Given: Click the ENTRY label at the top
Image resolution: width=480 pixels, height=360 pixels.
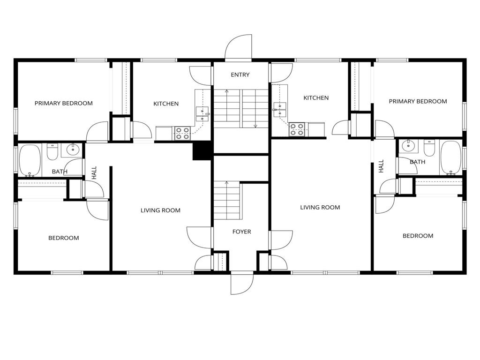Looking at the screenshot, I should (x=240, y=75).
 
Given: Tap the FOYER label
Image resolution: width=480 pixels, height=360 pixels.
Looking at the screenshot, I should (x=241, y=232).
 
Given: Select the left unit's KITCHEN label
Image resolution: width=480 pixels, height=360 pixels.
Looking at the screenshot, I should (x=166, y=104).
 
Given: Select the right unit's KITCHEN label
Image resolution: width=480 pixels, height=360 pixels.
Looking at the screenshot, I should (x=316, y=98).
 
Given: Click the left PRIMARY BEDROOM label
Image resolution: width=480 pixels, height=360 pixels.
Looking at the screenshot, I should (x=63, y=103).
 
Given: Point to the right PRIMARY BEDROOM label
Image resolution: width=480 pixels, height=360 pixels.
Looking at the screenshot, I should (x=418, y=101).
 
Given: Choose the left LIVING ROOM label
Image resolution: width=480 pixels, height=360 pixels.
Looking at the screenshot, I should (x=160, y=210).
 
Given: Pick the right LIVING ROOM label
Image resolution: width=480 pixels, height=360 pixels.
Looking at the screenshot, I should (x=320, y=207).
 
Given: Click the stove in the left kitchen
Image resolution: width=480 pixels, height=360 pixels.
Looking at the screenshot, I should (x=182, y=134).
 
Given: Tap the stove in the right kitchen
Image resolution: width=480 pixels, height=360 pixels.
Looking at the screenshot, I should (x=296, y=129).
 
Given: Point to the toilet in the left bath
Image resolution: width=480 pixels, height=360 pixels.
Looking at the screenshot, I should (x=52, y=152).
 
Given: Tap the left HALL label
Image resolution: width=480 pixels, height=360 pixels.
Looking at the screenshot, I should (x=94, y=173).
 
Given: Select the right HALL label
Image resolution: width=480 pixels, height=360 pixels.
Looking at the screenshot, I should (x=381, y=166).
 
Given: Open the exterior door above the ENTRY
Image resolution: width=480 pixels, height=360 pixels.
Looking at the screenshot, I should (x=239, y=49).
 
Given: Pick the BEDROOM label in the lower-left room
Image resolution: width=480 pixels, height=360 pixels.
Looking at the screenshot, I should (x=64, y=238).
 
